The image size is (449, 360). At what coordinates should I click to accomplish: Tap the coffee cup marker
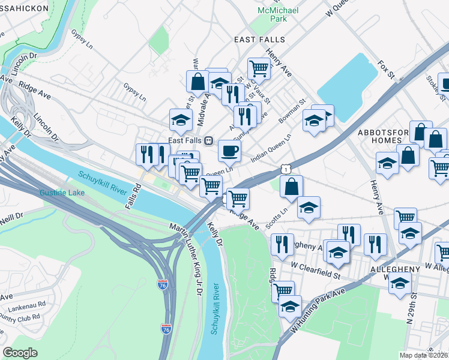(229, 151)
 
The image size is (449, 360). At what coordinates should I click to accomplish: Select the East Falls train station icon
(208, 140)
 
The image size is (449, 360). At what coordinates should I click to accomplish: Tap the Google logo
(20, 353)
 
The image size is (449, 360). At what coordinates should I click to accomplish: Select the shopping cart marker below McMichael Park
(259, 68)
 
